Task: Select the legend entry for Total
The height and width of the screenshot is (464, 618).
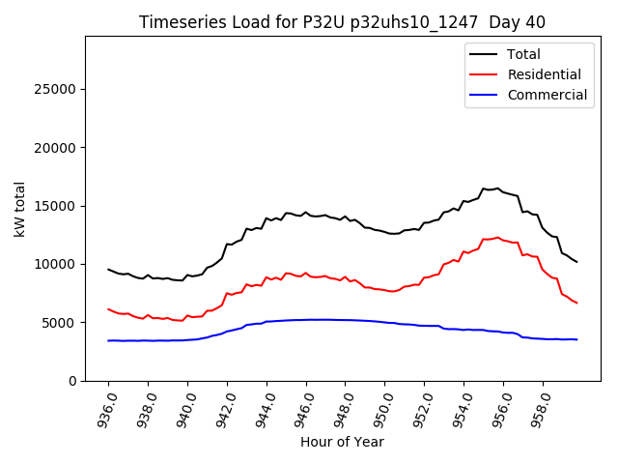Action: click(523, 54)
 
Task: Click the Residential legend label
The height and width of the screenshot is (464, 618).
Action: click(544, 74)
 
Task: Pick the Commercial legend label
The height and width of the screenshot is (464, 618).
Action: click(547, 95)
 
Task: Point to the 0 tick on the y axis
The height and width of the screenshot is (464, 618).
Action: click(73, 381)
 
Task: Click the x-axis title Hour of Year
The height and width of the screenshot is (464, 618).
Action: click(342, 442)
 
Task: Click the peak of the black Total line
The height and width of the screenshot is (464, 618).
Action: click(497, 188)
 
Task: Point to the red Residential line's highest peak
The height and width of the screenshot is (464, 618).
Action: click(497, 237)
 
